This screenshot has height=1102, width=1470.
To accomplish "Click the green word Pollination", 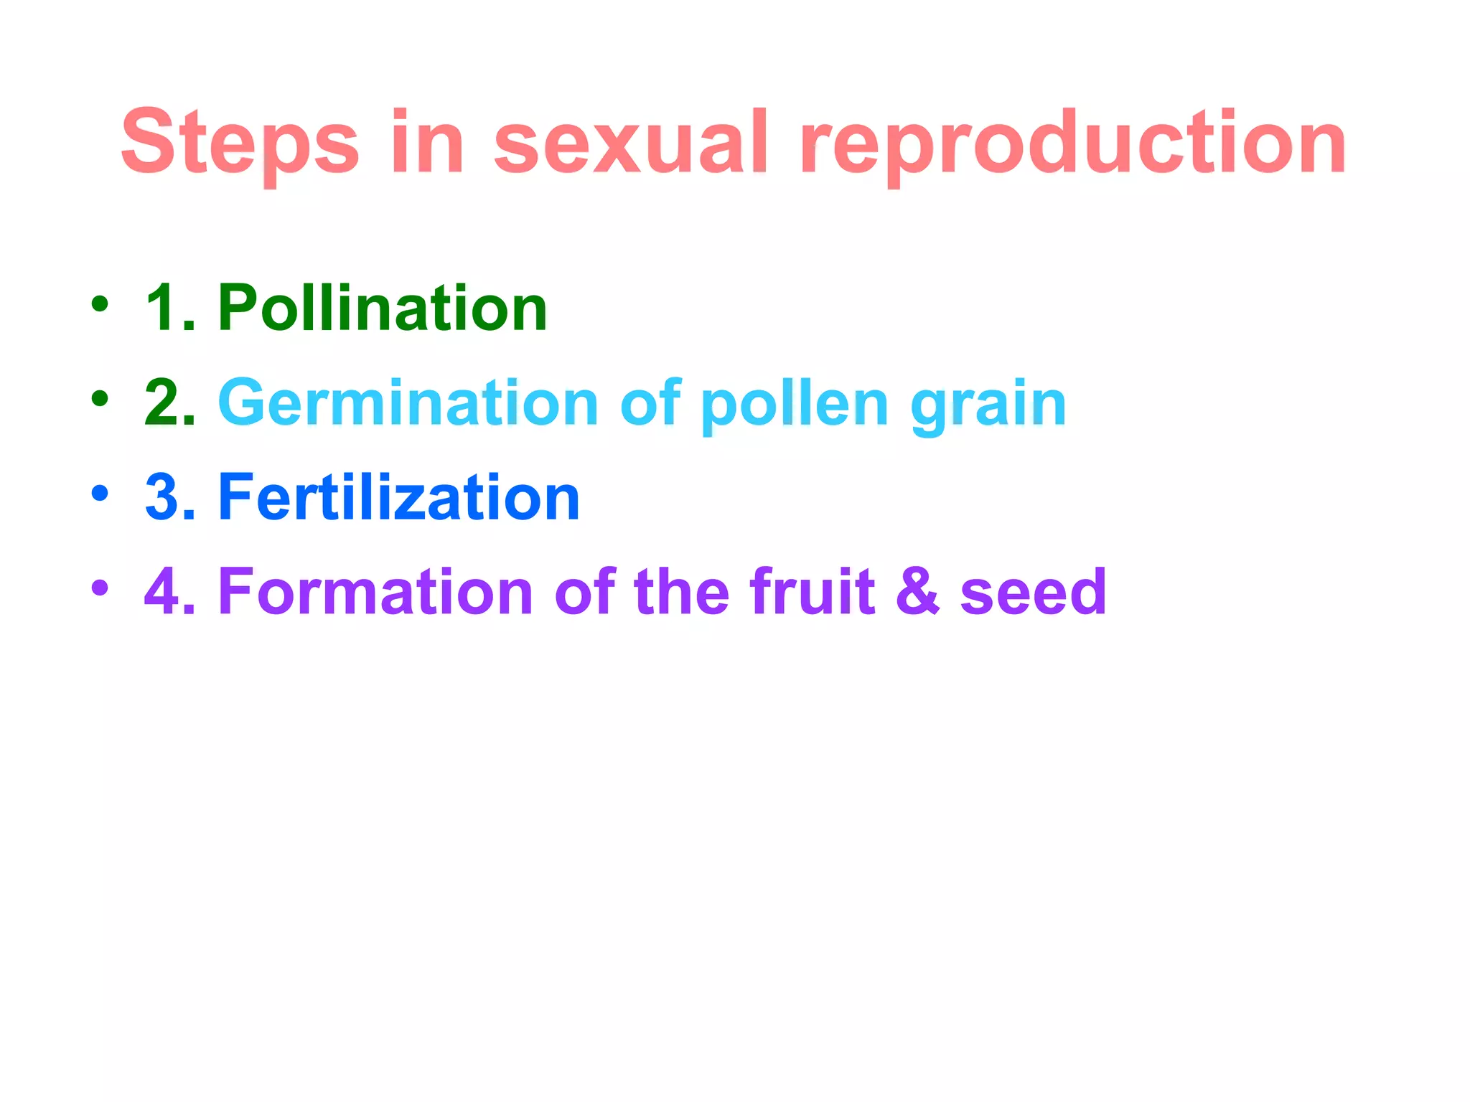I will click(x=383, y=309).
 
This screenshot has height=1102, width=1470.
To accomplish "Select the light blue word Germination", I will click(x=408, y=403).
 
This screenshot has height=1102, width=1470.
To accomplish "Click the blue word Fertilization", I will click(x=398, y=497).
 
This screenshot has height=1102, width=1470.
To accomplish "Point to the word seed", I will click(x=1033, y=593).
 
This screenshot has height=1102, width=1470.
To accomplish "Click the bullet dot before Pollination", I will click(x=100, y=304).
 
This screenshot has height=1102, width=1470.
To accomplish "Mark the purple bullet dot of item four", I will click(x=100, y=588).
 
